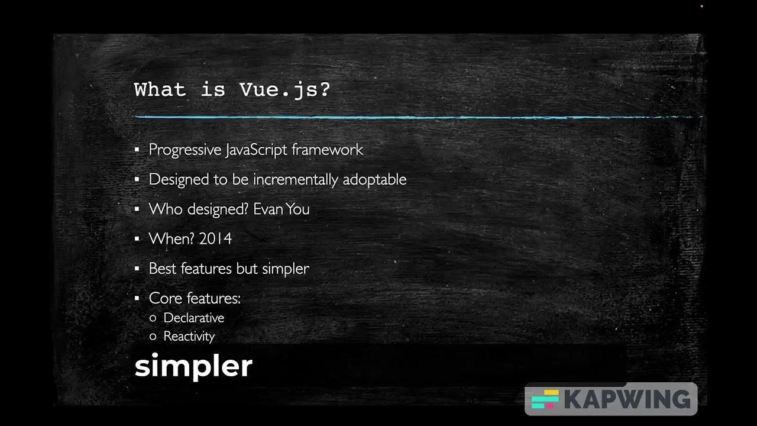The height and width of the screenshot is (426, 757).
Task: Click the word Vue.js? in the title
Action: point(284,91)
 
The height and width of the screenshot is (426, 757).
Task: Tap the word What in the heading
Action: point(160,90)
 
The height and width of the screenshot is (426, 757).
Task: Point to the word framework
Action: point(327,150)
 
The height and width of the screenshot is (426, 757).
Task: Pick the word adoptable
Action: point(374,179)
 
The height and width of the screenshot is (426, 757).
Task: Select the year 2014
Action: point(215,238)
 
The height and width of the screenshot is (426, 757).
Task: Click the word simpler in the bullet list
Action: point(285,269)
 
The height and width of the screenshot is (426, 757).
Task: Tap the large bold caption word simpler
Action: point(193,366)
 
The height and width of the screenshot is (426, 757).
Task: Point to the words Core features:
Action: point(195,298)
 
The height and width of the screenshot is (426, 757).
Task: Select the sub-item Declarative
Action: point(193,318)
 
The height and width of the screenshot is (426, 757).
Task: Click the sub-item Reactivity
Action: point(189,336)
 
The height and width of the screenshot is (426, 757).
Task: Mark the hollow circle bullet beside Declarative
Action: point(153,318)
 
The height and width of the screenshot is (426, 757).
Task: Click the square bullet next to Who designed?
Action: point(137,209)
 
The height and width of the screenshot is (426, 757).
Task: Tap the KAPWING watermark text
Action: point(627,399)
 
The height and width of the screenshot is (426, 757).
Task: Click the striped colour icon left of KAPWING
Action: point(545,399)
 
